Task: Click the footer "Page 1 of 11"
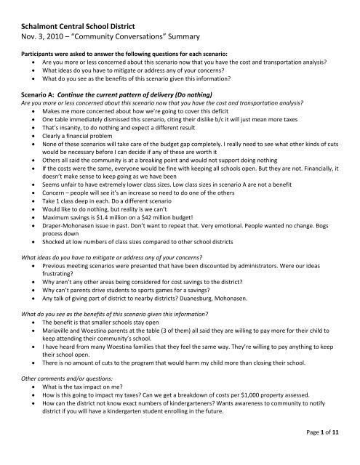(328, 454)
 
